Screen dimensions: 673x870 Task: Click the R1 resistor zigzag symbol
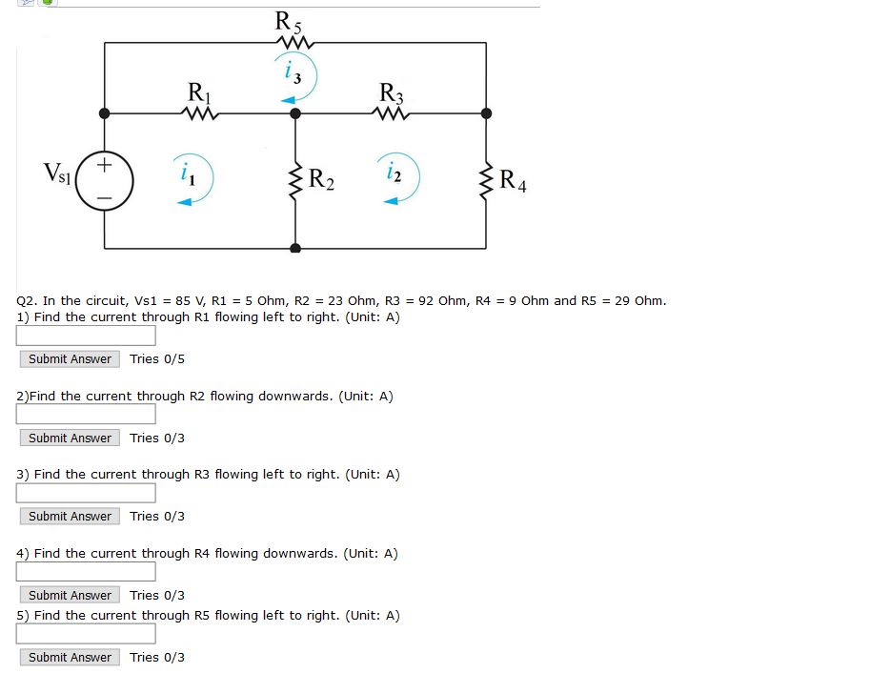click(x=201, y=114)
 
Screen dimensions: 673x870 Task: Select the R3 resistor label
click(x=391, y=93)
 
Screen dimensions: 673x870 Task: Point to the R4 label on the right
click(x=512, y=179)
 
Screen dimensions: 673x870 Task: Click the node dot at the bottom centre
click(x=295, y=248)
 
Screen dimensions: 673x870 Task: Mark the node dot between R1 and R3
click(x=295, y=112)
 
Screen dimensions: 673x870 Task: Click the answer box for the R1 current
click(x=86, y=336)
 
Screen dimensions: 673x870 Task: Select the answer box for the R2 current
click(x=86, y=414)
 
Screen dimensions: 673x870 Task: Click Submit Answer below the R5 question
click(x=70, y=657)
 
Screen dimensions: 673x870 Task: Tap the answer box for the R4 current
click(x=86, y=571)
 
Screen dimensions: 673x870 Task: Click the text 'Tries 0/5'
click(x=157, y=358)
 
